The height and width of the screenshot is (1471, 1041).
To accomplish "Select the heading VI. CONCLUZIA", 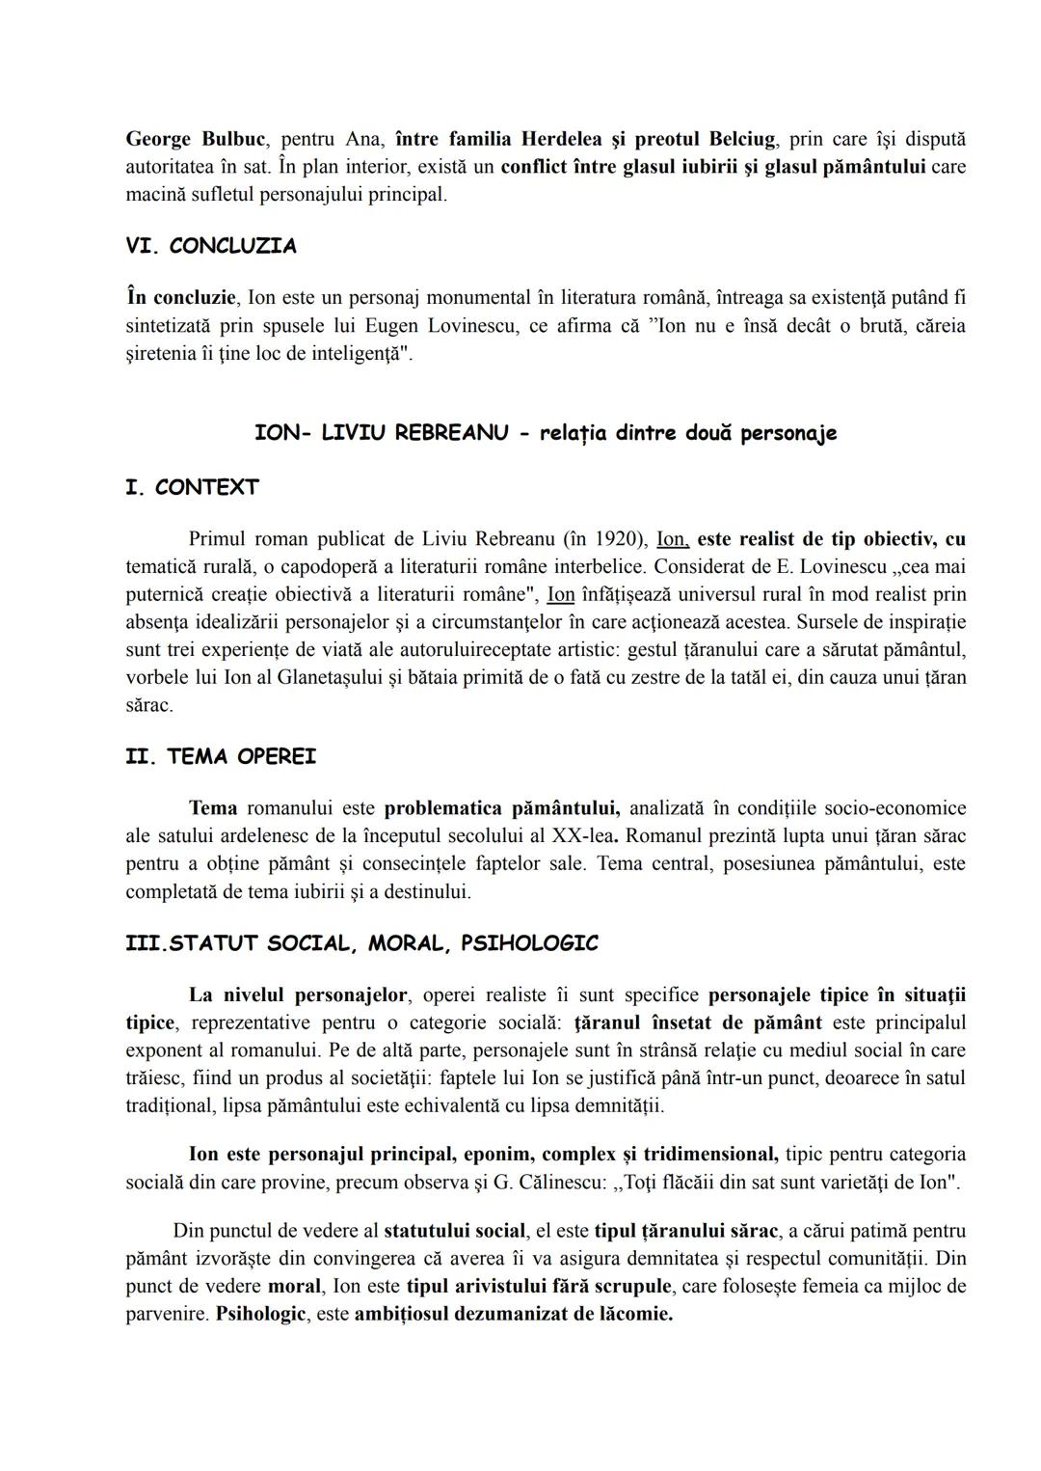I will pyautogui.click(x=211, y=246).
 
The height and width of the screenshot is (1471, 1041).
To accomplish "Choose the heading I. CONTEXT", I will pyautogui.click(x=192, y=487).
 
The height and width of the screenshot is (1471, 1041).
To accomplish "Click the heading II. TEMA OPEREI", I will pyautogui.click(x=221, y=757).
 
